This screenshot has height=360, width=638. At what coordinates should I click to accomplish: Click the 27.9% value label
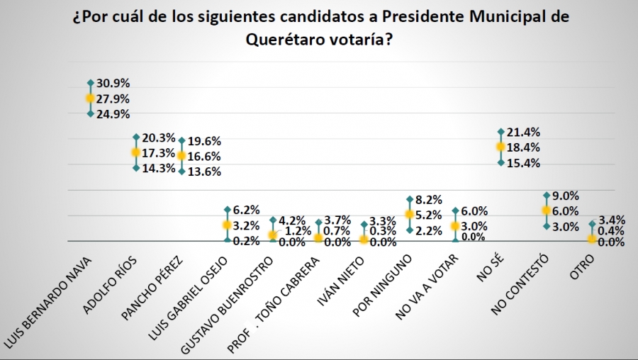coord(113,99)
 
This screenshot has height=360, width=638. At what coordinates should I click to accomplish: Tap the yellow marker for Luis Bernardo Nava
coord(91,99)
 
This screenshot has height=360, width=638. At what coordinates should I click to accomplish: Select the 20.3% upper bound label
coord(157,137)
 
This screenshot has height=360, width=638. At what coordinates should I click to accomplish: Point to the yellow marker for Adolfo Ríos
coord(136,152)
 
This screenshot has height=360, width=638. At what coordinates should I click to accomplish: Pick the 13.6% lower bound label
coord(204,171)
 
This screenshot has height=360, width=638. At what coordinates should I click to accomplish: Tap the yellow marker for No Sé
coord(500,147)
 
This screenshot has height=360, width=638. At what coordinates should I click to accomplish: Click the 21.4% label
coord(523,132)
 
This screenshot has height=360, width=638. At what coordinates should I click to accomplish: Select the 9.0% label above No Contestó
coord(566,196)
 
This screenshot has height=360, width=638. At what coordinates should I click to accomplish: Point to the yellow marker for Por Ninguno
coord(410,214)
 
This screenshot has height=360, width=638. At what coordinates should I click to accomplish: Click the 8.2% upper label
coord(430,200)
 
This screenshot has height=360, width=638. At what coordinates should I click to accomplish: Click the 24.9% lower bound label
coord(113,114)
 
